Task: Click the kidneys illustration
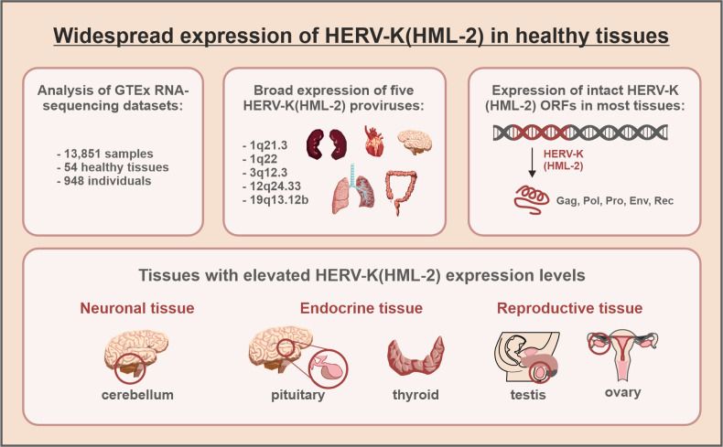pyautogui.click(x=327, y=144)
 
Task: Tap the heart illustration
pyautogui.click(x=374, y=141)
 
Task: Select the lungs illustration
pyautogui.click(x=353, y=188)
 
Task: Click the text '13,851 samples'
pyautogui.click(x=109, y=154)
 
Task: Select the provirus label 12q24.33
pyautogui.click(x=275, y=186)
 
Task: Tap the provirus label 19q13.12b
pyautogui.click(x=279, y=200)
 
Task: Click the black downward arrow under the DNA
pyautogui.click(x=532, y=162)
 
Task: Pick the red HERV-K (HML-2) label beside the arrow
pyautogui.click(x=563, y=160)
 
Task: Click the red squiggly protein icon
pyautogui.click(x=531, y=199)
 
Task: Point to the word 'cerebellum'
pyautogui.click(x=137, y=395)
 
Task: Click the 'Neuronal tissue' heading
pyautogui.click(x=137, y=308)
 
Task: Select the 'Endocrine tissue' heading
pyautogui.click(x=361, y=308)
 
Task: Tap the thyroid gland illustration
pyautogui.click(x=415, y=356)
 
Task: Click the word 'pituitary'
pyautogui.click(x=297, y=395)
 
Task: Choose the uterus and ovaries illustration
pyautogui.click(x=622, y=354)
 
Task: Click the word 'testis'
pyautogui.click(x=528, y=395)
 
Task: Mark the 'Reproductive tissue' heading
pyautogui.click(x=569, y=308)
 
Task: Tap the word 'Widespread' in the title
pyautogui.click(x=113, y=36)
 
